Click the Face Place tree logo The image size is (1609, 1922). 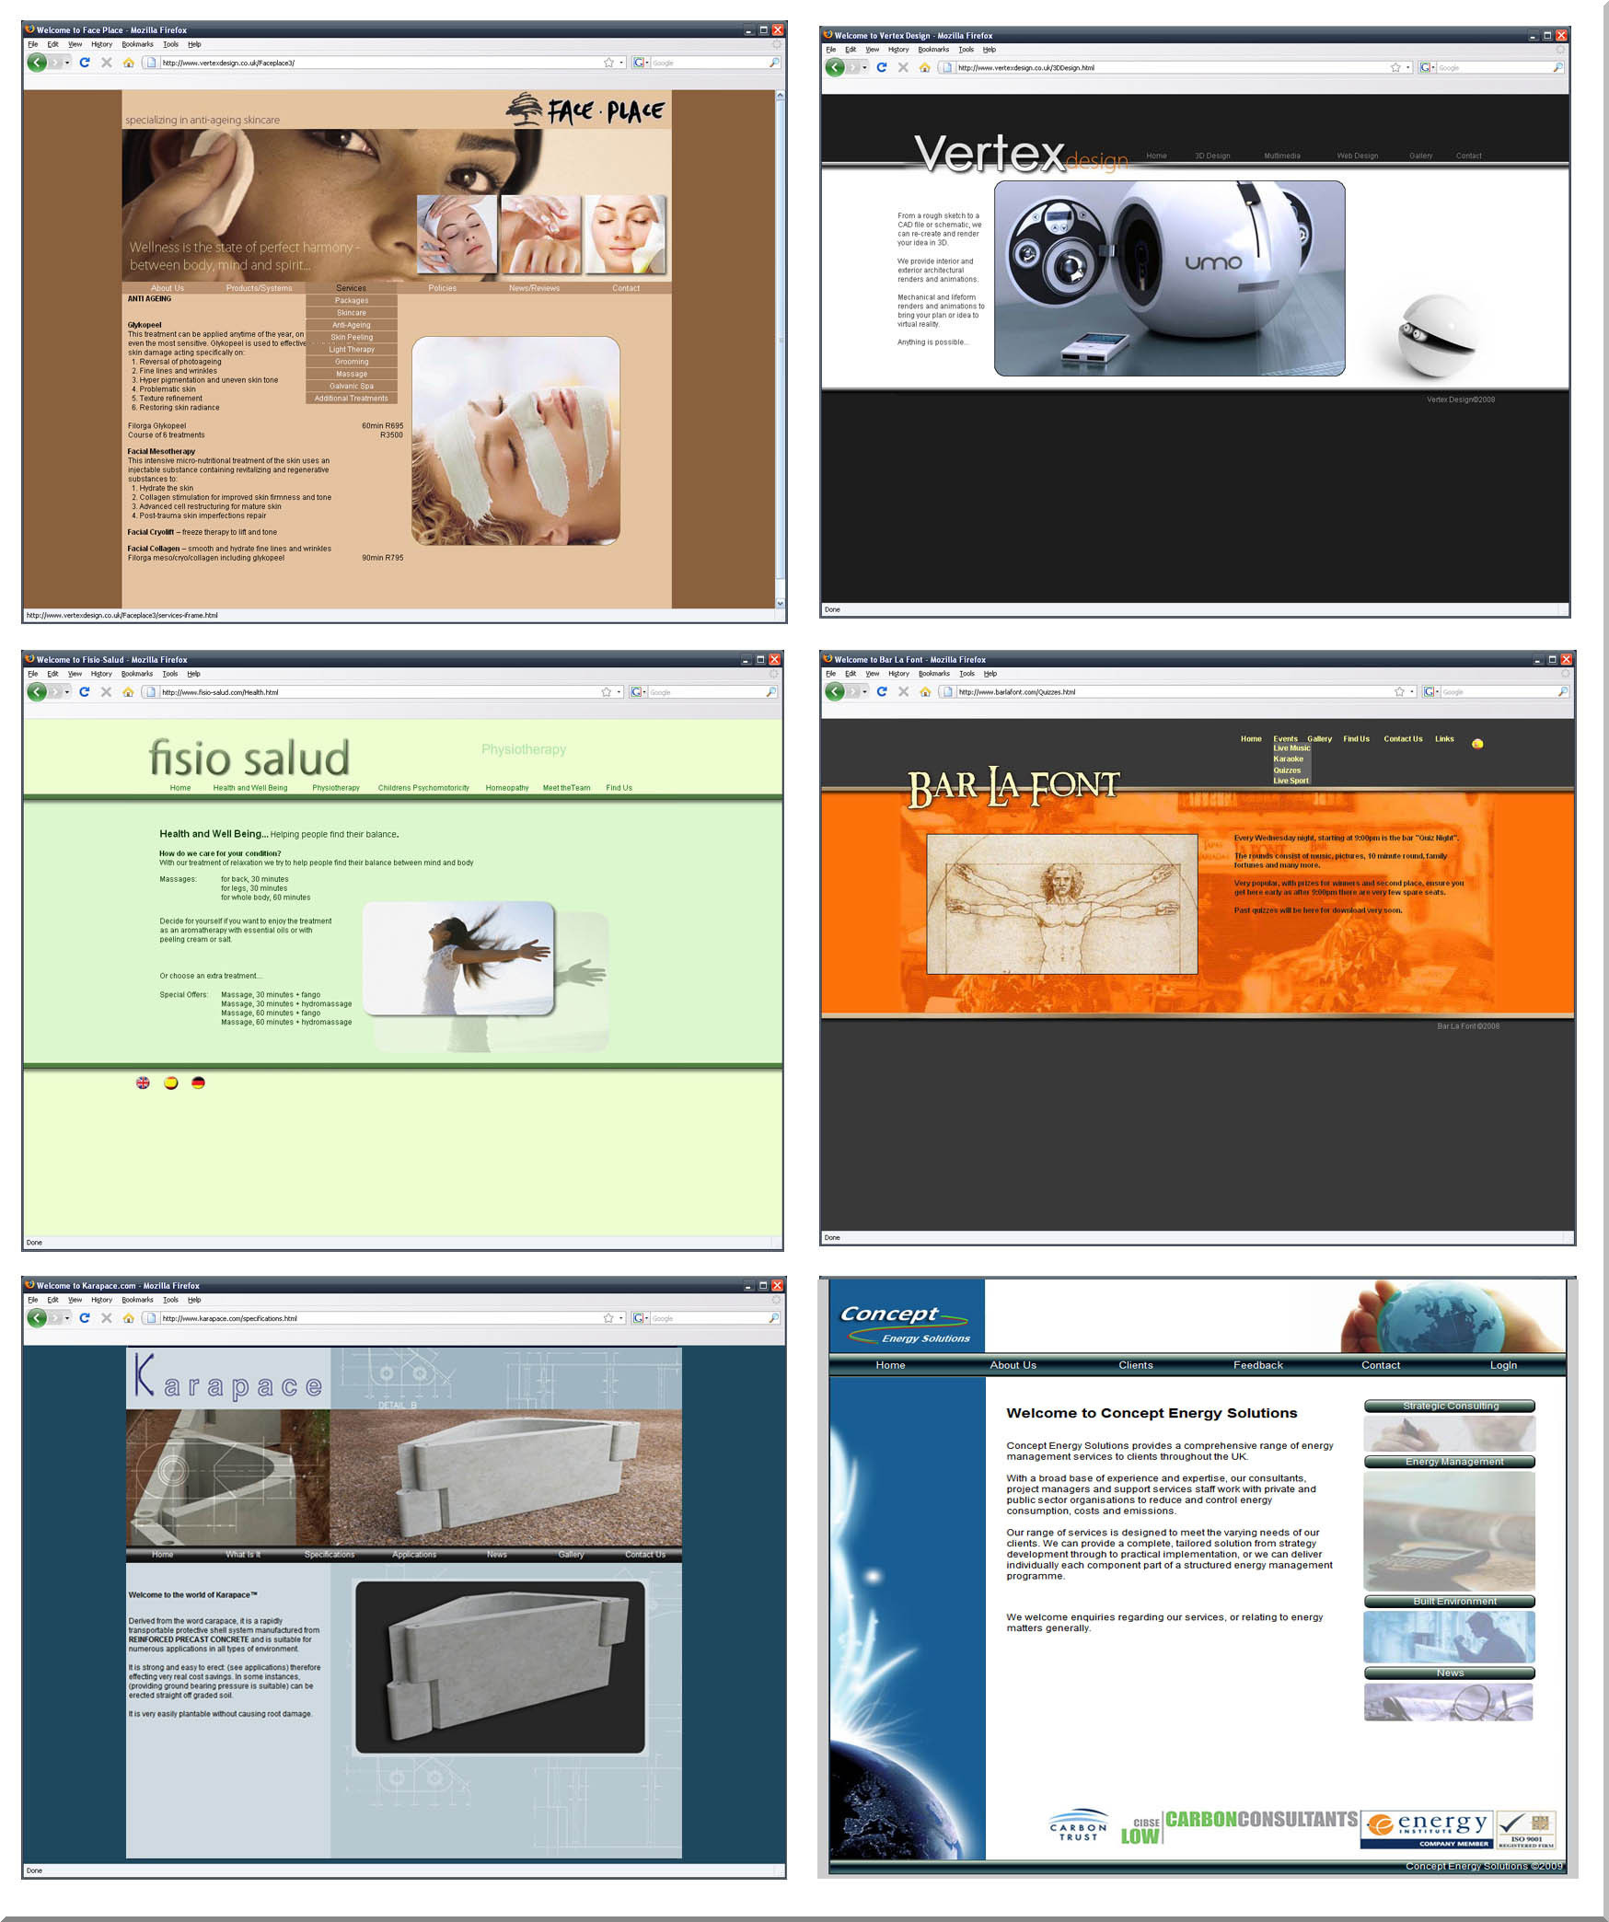525,109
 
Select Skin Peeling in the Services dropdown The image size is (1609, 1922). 352,337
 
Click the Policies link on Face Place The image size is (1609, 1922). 442,288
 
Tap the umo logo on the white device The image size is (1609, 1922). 1213,263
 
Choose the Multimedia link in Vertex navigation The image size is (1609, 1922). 1281,156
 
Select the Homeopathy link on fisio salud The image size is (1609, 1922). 507,788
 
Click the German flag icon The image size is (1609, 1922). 198,1083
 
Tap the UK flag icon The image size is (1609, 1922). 143,1083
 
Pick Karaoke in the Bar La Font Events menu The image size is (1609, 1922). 1288,759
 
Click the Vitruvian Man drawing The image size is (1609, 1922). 1061,904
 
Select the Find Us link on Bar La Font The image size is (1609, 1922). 1356,739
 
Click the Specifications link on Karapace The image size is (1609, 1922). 330,1555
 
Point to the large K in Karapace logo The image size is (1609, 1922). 145,1375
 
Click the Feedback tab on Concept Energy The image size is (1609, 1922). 1257,1365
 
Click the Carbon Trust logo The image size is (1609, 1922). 1078,1826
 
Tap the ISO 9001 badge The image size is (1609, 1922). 1526,1830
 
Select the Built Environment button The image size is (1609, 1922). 1449,1602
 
